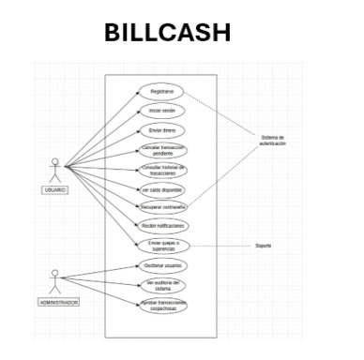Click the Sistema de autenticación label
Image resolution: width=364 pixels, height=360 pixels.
[271, 142]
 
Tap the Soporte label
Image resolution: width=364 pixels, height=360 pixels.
[264, 246]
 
